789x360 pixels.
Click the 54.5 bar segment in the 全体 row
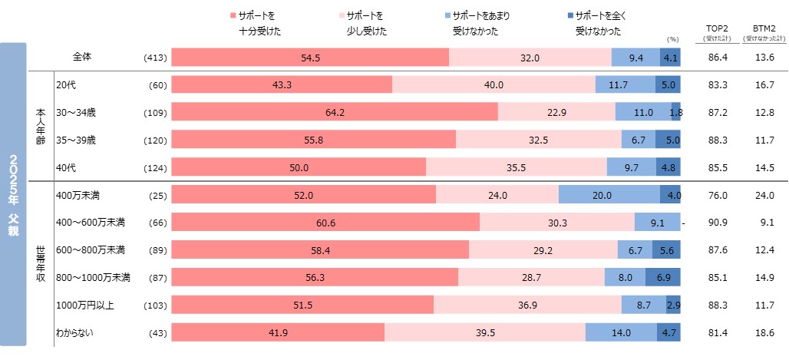point(310,58)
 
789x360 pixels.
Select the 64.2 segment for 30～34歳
point(335,112)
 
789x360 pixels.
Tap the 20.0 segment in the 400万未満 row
point(609,195)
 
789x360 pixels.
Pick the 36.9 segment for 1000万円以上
point(527,305)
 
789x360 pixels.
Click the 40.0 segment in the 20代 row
point(494,84)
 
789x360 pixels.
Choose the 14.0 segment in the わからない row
point(621,332)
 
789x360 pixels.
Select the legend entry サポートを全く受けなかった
point(598,23)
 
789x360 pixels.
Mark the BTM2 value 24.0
point(764,195)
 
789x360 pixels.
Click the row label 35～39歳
point(76,140)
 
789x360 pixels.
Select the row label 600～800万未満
point(91,250)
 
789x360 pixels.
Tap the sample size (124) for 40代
point(156,167)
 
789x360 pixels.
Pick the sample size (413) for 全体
point(156,58)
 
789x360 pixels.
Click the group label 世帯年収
point(41,263)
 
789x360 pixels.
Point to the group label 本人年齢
point(41,126)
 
